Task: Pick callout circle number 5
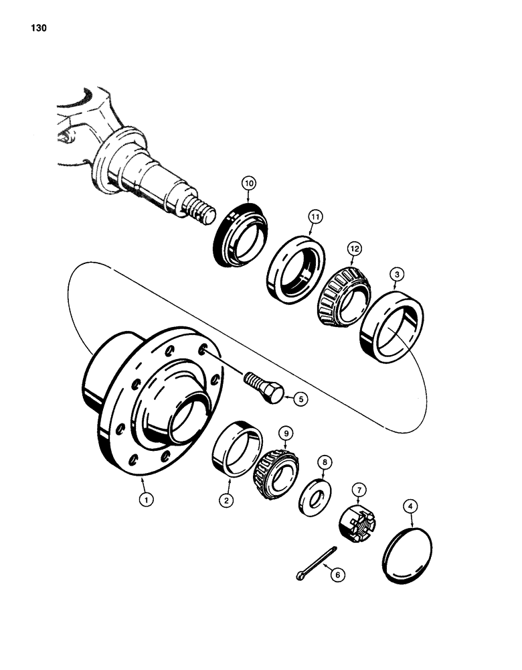(302, 398)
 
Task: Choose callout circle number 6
(336, 574)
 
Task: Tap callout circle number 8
(323, 462)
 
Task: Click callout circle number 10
(249, 184)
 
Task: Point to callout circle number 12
(354, 249)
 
